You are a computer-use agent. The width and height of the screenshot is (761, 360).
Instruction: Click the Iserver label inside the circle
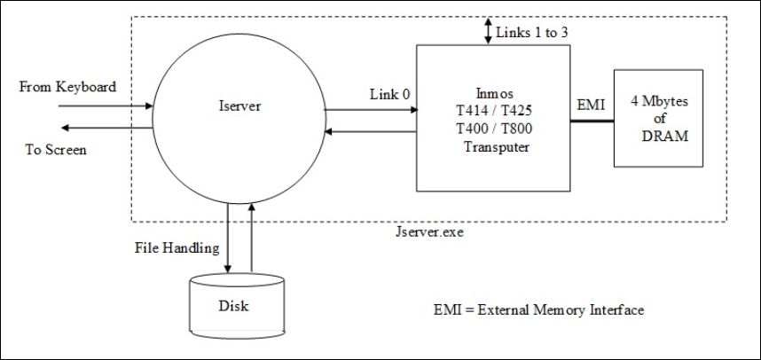click(x=239, y=106)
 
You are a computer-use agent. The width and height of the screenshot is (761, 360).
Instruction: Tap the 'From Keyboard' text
click(x=67, y=87)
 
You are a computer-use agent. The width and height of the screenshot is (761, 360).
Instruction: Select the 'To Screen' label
click(x=56, y=150)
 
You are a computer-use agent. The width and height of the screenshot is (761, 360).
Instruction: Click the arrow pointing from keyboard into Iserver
click(x=106, y=106)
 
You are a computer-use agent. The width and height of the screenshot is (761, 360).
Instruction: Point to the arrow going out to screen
click(x=106, y=128)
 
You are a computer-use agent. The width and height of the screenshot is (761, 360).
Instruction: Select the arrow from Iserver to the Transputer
click(x=372, y=110)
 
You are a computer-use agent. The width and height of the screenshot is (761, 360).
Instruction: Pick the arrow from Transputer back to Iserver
click(x=371, y=131)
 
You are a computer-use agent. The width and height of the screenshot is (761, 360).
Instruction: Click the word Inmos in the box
click(x=493, y=93)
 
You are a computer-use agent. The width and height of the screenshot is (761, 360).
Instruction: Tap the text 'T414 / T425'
click(x=493, y=111)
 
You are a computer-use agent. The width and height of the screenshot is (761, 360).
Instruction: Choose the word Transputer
click(x=497, y=147)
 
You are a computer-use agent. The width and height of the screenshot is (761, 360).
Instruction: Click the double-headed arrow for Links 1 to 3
click(x=488, y=31)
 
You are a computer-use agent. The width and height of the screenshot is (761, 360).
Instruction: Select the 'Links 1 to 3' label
click(x=532, y=33)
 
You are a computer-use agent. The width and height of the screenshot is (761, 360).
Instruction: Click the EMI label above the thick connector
click(x=592, y=106)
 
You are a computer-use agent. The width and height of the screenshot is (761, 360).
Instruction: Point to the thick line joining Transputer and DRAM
click(x=592, y=121)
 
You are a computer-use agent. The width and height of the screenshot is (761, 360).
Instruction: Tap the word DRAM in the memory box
click(x=665, y=137)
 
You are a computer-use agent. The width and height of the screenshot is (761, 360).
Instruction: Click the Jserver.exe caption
click(x=430, y=232)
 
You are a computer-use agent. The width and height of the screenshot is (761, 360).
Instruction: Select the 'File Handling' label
click(x=177, y=248)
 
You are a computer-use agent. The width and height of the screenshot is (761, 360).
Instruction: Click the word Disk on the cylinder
click(x=234, y=306)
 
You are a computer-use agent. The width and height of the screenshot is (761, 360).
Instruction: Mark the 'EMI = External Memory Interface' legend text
click(x=539, y=310)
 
